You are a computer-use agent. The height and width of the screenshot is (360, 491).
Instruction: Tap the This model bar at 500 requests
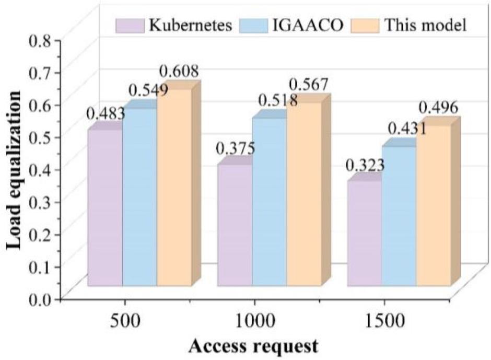pos(174,188)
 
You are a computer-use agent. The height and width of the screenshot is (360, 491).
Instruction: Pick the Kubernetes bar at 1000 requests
pos(235,225)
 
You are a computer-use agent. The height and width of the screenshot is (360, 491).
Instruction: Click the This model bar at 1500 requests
pos(433,206)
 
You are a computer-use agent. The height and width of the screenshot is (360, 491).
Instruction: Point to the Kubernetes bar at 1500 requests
pos(364,234)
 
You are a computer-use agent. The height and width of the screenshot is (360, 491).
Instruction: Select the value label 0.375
pos(236,148)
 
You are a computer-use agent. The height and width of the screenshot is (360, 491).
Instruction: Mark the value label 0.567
pos(309,84)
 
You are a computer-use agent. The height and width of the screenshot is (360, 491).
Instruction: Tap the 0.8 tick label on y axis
pos(44,40)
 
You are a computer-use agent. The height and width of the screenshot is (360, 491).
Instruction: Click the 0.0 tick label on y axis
pos(44,299)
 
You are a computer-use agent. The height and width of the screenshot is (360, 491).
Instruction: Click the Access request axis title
pos(253,345)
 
